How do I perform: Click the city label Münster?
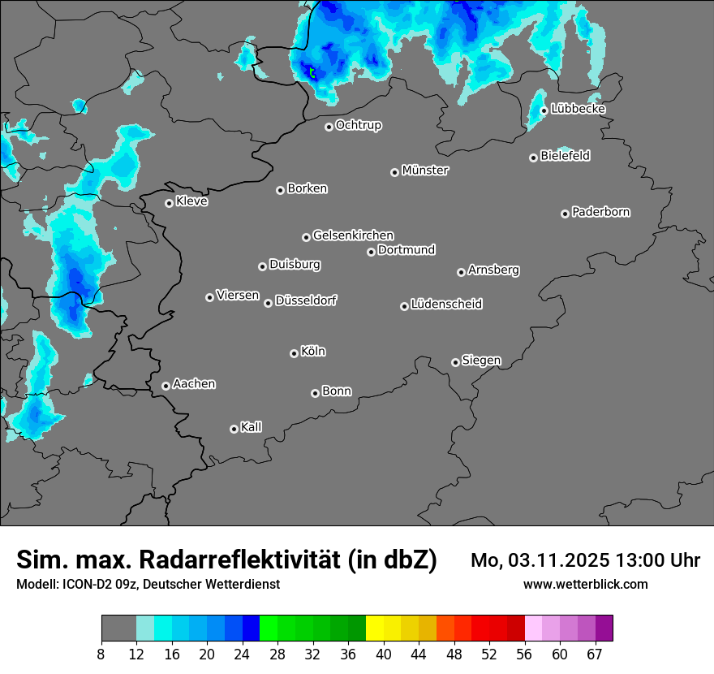click(425, 171)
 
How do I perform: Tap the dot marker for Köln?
click(294, 353)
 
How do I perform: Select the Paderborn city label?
click(601, 212)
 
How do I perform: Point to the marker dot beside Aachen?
click(166, 386)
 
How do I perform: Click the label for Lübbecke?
click(578, 109)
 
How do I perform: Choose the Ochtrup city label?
click(359, 125)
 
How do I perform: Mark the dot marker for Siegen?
click(455, 362)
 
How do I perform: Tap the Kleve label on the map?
click(192, 201)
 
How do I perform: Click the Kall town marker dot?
click(234, 429)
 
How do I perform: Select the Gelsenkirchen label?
click(353, 235)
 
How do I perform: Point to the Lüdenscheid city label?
click(446, 305)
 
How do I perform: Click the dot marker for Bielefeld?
click(533, 158)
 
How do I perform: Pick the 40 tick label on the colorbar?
click(384, 655)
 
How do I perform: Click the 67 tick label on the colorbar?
click(595, 655)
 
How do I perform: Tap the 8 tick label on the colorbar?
click(101, 655)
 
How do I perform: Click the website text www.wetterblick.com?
click(585, 584)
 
